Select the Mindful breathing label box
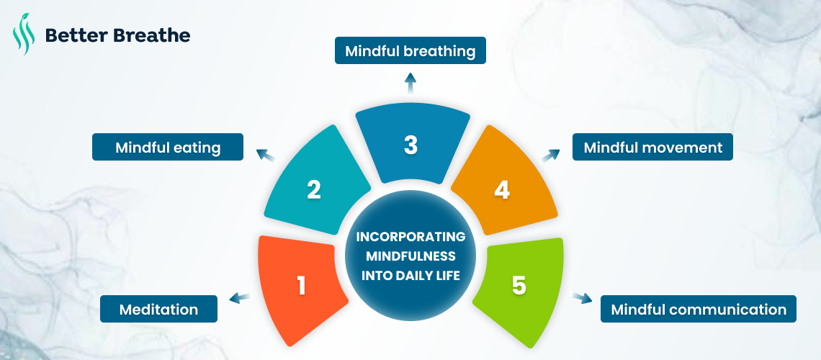[x=410, y=51]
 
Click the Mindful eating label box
[x=168, y=148]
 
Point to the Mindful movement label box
[x=652, y=148]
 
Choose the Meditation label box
[x=158, y=310]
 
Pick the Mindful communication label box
[x=699, y=310]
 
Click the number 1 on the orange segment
[x=302, y=286]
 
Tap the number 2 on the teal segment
[x=314, y=190]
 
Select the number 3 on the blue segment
[x=410, y=145]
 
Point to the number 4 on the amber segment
[x=502, y=190]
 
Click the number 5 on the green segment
[x=519, y=285]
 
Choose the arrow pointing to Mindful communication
[x=580, y=297]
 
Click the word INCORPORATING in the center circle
[x=410, y=237]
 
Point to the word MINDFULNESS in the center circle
[x=410, y=256]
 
